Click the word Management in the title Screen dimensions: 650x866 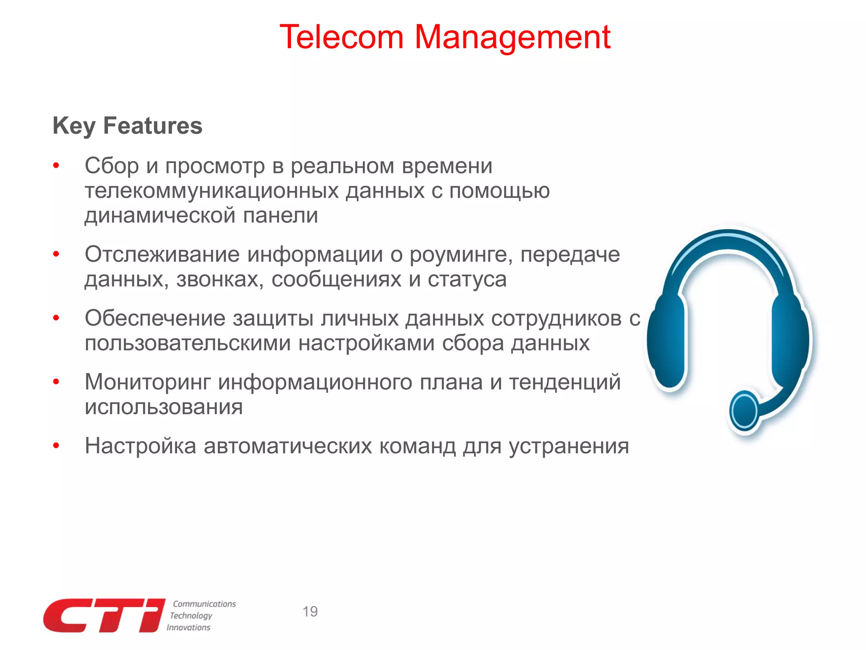[512, 37]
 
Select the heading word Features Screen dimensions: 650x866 [153, 126]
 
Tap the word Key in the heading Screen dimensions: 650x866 [74, 126]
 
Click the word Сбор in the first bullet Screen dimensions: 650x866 [112, 165]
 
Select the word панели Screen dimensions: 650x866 [280, 215]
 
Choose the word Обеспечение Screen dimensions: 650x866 [155, 318]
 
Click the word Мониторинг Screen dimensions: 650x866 [148, 382]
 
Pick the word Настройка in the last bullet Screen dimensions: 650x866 [140, 446]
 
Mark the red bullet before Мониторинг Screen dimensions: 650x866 [56, 382]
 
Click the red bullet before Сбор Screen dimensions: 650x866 [56, 165]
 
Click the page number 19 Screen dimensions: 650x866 [310, 611]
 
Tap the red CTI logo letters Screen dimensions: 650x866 [104, 616]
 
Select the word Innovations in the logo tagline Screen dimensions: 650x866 [188, 628]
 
